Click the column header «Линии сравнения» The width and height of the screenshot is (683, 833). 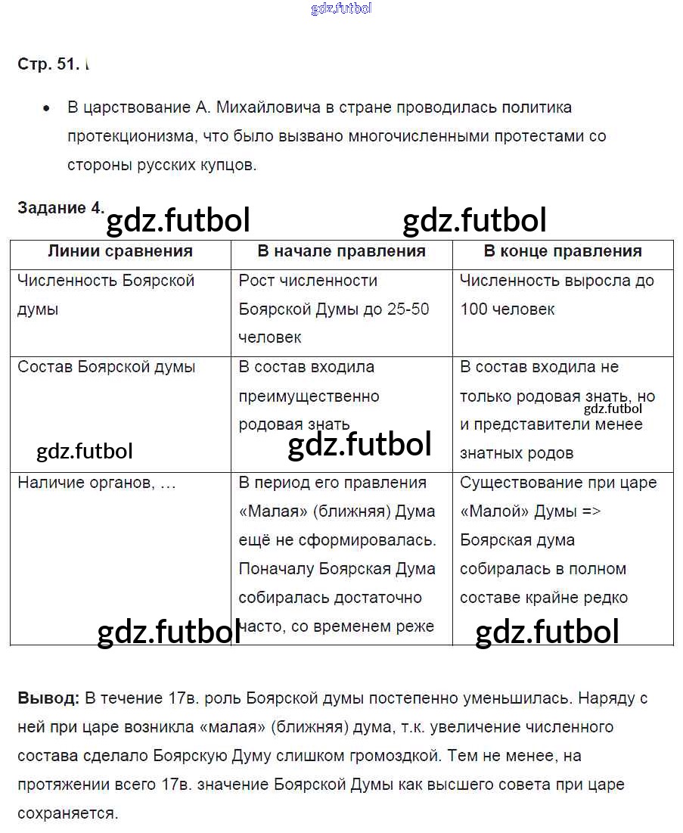point(120,251)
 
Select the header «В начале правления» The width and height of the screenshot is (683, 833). point(342,251)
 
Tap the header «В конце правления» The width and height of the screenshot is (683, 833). point(563,251)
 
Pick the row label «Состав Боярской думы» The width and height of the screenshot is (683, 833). point(107,367)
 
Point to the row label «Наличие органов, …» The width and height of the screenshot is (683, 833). point(97,483)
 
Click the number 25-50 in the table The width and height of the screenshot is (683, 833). point(408,309)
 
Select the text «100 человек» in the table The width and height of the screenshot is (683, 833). point(507,309)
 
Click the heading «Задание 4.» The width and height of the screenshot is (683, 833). point(61,209)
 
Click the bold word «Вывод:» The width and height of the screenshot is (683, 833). point(48,698)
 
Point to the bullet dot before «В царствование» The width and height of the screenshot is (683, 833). point(47,109)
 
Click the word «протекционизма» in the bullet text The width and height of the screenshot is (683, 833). point(121,137)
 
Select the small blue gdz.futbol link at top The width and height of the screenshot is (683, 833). point(341,9)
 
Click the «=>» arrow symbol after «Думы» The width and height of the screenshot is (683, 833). point(591,511)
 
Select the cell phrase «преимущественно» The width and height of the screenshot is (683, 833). point(309,396)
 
